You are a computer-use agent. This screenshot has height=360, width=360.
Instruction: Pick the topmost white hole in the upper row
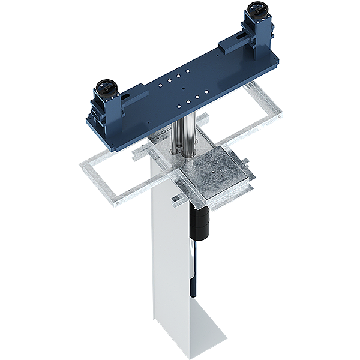(x=188, y=71)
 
